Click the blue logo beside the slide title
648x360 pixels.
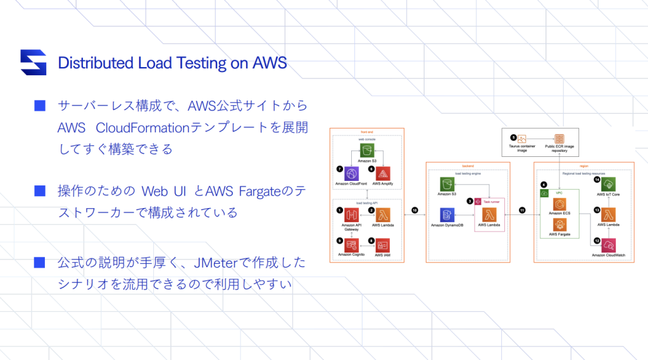pyautogui.click(x=33, y=62)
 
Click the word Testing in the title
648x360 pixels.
pyautogui.click(x=210, y=63)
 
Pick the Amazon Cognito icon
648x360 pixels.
pyautogui.click(x=352, y=245)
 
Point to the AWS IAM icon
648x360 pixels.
pyautogui.click(x=383, y=245)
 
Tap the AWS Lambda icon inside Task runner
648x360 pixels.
pyautogui.click(x=489, y=215)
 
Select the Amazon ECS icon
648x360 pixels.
pyautogui.click(x=559, y=204)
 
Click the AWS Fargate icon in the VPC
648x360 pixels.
pyautogui.click(x=559, y=225)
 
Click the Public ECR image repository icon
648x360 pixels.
pyautogui.click(x=559, y=139)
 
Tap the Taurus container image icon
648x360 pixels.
pyautogui.click(x=522, y=139)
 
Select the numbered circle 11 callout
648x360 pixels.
pyautogui.click(x=523, y=209)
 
